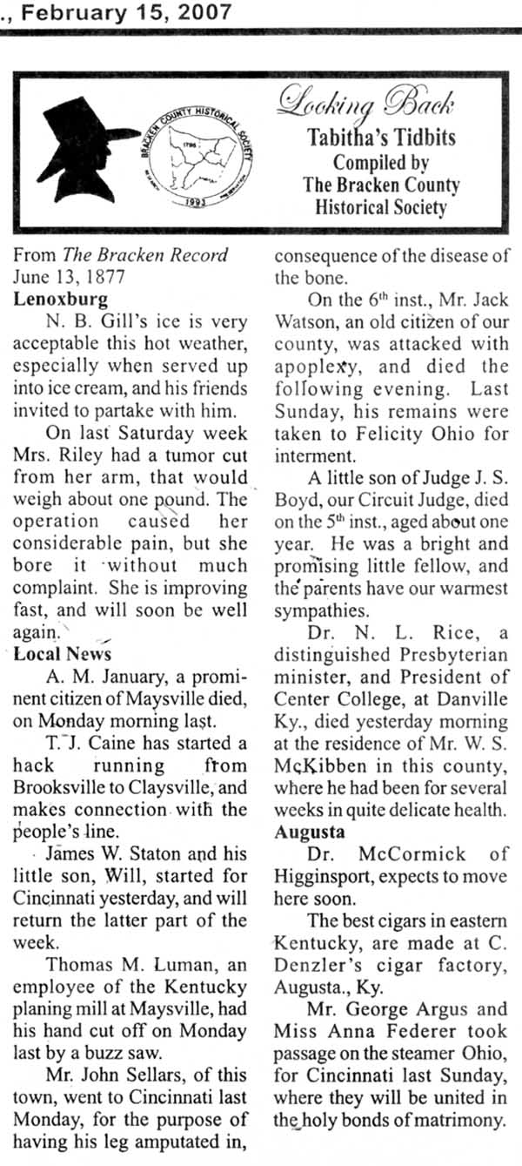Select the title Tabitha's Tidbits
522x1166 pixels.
pyautogui.click(x=380, y=140)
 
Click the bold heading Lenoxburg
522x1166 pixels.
pyautogui.click(x=61, y=300)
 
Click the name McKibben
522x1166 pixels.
pyautogui.click(x=318, y=767)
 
